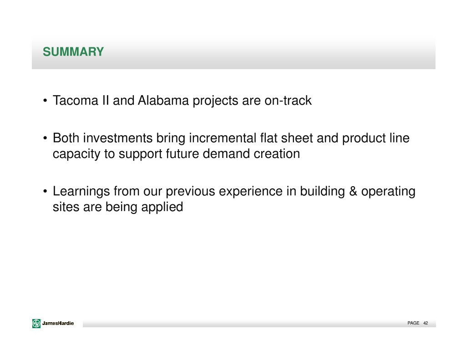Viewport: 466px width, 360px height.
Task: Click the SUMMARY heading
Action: (73, 52)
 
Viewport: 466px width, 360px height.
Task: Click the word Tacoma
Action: (76, 101)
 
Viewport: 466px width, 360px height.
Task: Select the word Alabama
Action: (163, 101)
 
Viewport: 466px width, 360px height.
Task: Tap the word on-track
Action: (288, 101)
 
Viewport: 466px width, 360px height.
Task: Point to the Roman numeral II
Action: (106, 101)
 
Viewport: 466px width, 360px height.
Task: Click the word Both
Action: (66, 138)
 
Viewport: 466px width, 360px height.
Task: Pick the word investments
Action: (118, 138)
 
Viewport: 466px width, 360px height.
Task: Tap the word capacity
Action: (76, 154)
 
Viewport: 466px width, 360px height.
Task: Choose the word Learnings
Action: (81, 192)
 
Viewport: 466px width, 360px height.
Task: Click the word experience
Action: (251, 192)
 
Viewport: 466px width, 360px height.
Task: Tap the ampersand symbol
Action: (353, 191)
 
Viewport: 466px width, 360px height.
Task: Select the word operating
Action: (388, 192)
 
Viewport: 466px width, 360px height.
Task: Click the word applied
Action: (162, 207)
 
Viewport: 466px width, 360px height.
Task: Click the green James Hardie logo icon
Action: (36, 323)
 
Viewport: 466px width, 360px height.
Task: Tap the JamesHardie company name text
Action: (58, 323)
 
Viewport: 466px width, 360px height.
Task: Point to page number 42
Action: (425, 323)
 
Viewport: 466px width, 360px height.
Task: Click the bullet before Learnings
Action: (45, 191)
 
